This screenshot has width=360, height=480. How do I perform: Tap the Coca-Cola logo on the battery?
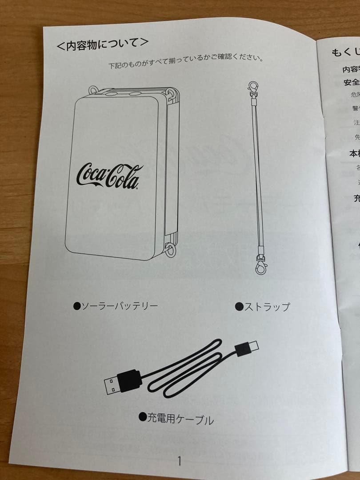tap(109, 175)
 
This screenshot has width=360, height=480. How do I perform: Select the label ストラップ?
tap(267, 307)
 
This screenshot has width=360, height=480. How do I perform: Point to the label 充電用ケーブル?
tap(180, 418)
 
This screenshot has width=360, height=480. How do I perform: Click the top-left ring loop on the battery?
tap(93, 90)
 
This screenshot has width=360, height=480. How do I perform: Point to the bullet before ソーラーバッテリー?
tap(76, 305)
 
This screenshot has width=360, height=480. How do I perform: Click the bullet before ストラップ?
tap(239, 306)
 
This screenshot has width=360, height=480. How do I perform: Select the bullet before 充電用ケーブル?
tap(142, 416)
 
